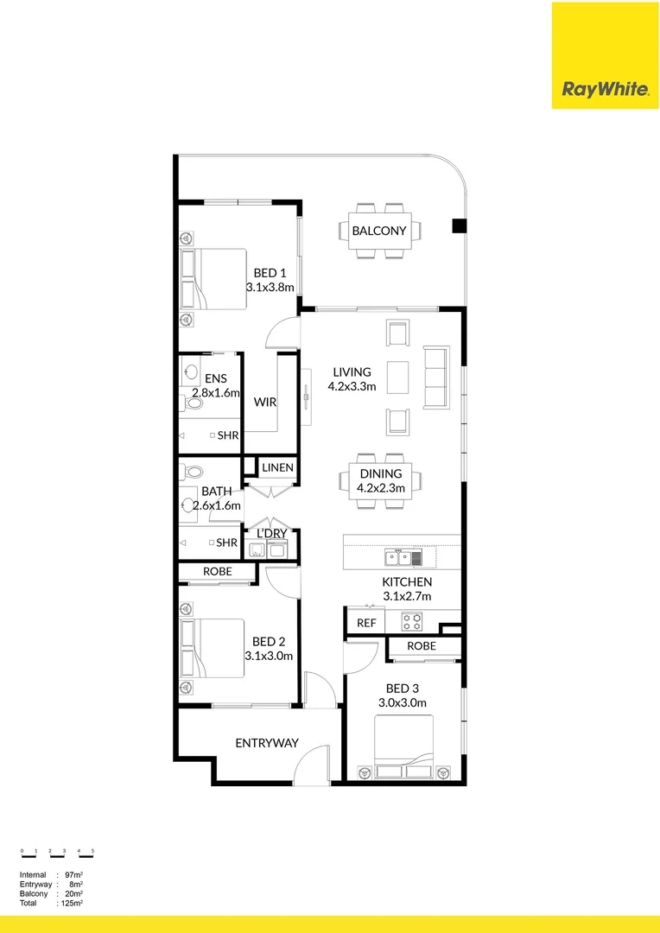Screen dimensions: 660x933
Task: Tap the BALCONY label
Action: [379, 231]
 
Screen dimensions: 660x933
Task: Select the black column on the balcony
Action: [459, 226]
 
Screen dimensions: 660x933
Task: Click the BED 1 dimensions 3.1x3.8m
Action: [270, 288]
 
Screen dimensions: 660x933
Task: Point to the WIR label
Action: [265, 403]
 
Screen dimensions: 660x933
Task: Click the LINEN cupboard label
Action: [278, 467]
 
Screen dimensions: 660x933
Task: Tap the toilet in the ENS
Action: [192, 403]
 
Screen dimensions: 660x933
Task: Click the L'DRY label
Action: [271, 534]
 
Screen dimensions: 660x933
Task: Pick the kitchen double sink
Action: [398, 557]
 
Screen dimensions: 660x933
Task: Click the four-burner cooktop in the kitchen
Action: [412, 622]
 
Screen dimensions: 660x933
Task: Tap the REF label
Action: [366, 623]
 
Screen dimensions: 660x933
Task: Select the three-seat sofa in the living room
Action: [436, 378]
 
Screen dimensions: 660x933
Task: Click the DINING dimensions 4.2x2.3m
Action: [381, 488]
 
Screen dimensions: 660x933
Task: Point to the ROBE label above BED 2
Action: [217, 572]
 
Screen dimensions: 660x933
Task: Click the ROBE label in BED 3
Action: [422, 645]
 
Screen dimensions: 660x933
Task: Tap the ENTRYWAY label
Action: [267, 743]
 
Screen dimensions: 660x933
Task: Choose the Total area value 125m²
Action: [72, 904]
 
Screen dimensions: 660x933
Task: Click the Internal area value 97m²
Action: [73, 875]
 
